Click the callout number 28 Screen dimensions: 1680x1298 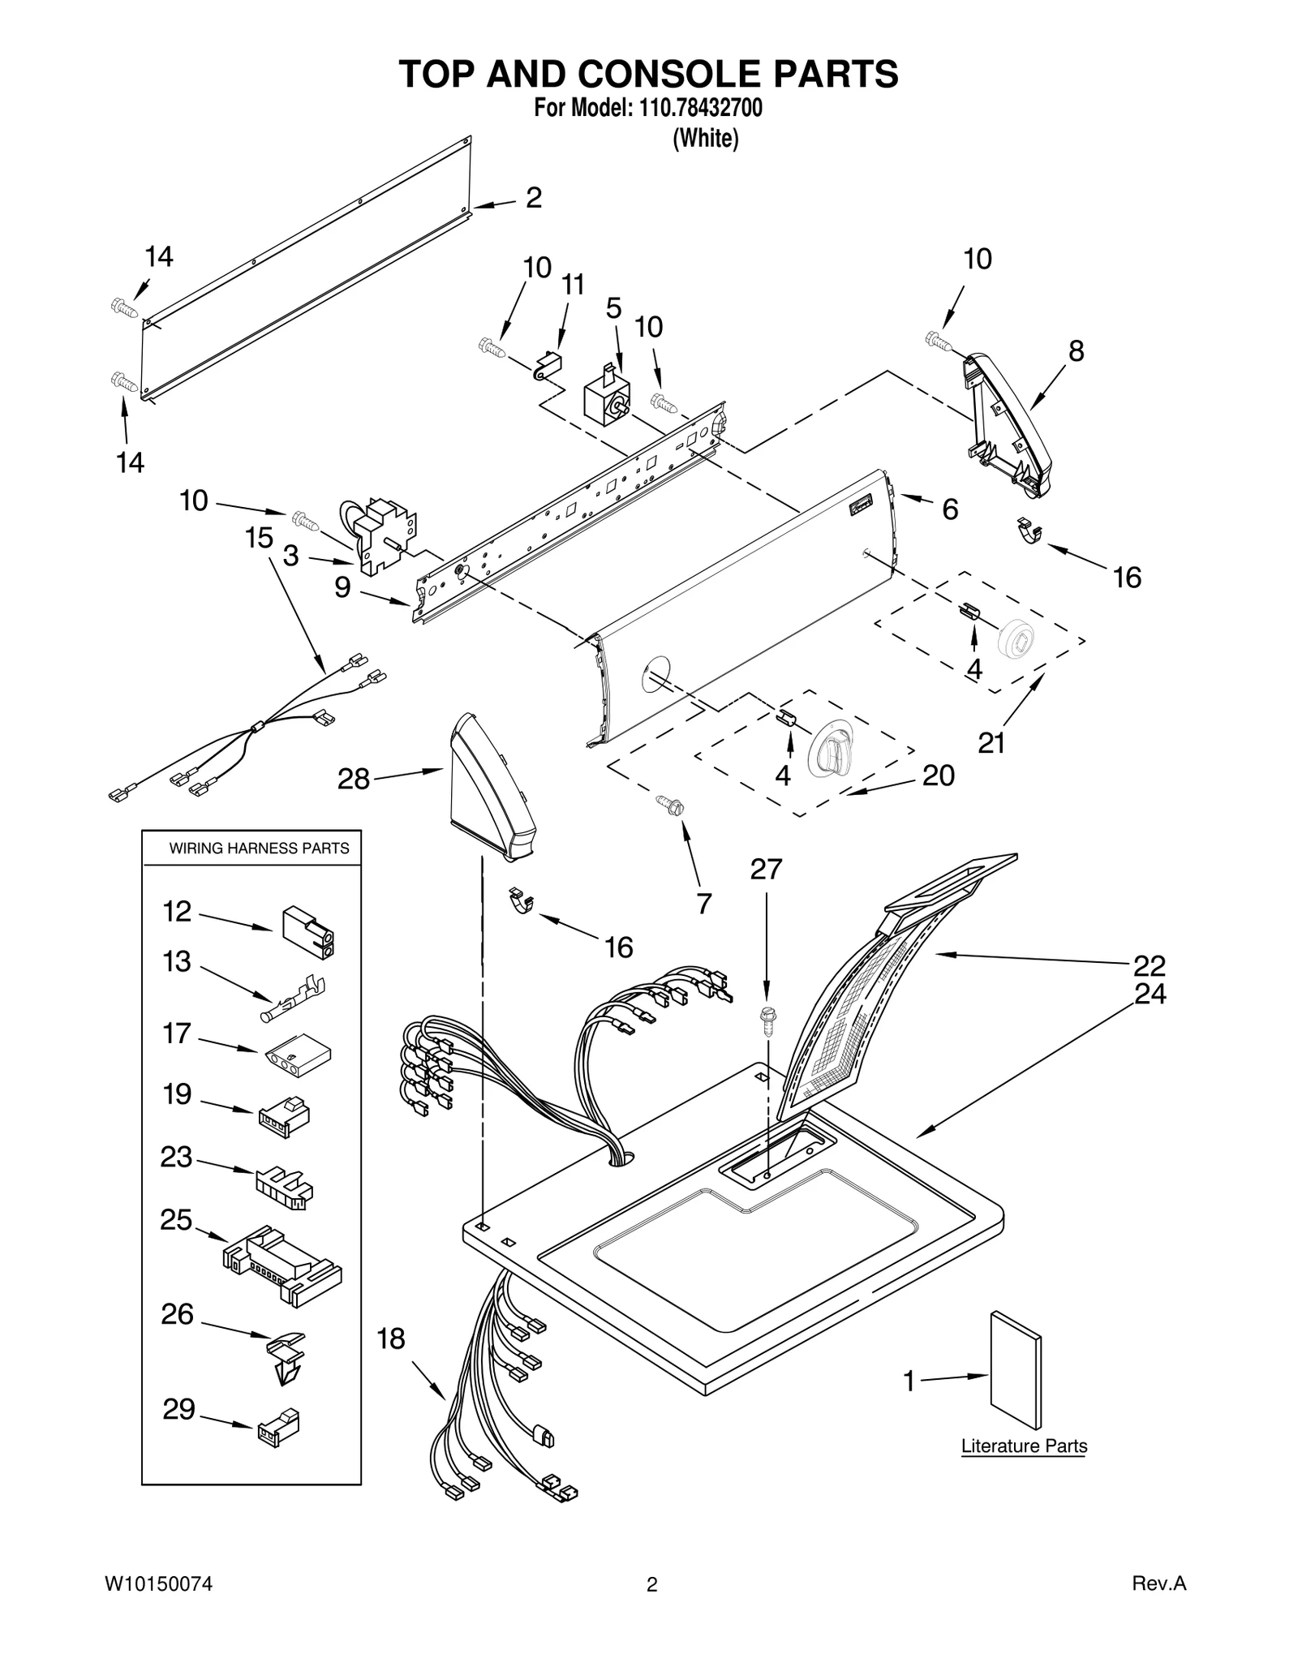click(353, 780)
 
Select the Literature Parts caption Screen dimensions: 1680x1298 click(1024, 1446)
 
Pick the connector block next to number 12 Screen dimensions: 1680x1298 click(308, 932)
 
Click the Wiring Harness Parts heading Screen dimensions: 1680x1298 click(259, 849)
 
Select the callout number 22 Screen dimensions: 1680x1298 click(1149, 965)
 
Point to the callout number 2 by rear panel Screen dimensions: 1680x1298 click(533, 197)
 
